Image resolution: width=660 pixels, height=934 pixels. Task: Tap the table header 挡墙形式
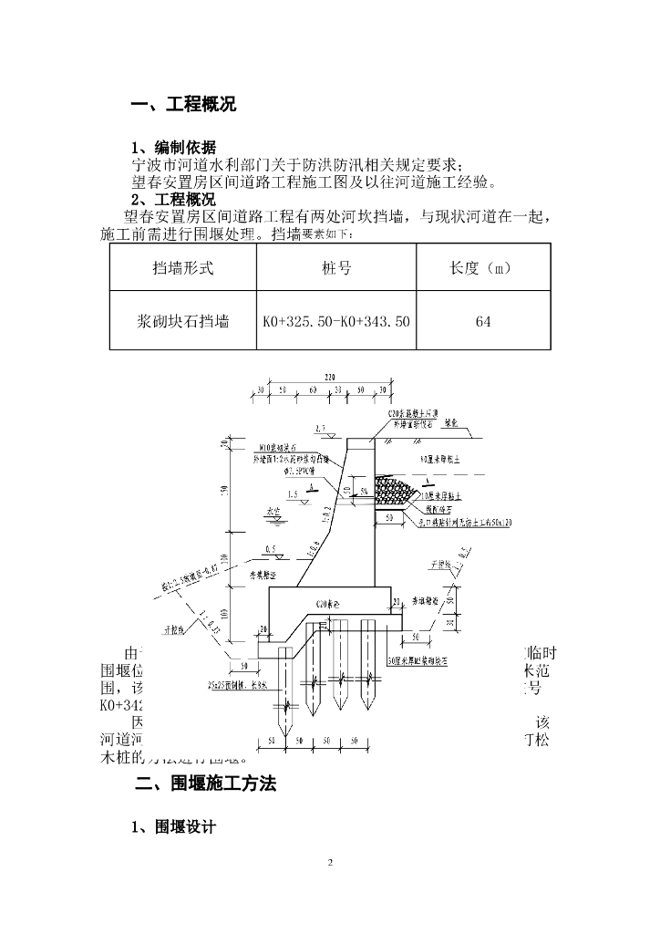182,268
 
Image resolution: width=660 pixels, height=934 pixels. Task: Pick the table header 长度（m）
483,268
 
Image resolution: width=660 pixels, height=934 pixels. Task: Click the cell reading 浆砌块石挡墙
182,321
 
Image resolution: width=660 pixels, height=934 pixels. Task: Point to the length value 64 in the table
483,321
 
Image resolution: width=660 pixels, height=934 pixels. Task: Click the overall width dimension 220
329,377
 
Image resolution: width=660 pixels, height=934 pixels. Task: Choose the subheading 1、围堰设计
174,827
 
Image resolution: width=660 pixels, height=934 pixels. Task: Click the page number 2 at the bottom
330,862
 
